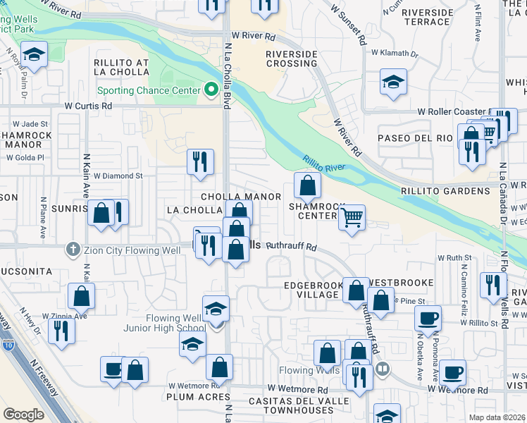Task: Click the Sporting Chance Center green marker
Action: click(210, 90)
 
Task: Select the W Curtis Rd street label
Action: click(88, 106)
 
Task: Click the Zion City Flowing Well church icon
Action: click(72, 249)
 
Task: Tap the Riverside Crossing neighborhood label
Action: click(291, 59)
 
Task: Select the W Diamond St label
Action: click(118, 176)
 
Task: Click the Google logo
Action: click(23, 414)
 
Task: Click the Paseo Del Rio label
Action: click(414, 137)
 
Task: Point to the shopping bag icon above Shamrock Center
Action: click(307, 185)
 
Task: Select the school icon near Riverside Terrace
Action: click(392, 82)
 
